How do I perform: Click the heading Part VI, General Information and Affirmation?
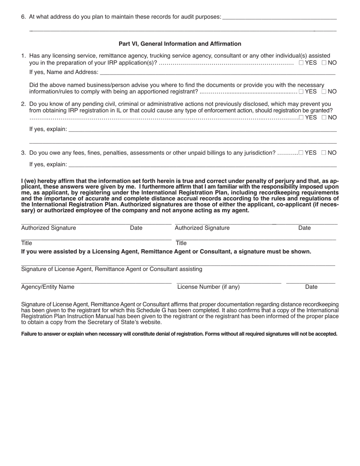click(x=180, y=44)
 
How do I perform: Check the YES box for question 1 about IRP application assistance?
click(x=301, y=63)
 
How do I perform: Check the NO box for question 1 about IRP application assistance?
click(x=324, y=63)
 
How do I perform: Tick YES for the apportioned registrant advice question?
click(x=301, y=91)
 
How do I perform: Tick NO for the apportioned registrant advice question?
click(x=324, y=91)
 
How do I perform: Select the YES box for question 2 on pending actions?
click(x=301, y=117)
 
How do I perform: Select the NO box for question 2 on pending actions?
click(x=324, y=117)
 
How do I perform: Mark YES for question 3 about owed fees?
click(x=301, y=153)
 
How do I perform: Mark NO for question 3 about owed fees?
click(x=324, y=153)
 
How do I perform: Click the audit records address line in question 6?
click(x=280, y=17)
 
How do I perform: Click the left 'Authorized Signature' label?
click(x=49, y=228)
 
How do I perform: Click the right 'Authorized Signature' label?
click(x=202, y=228)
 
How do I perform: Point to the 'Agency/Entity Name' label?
click(x=48, y=287)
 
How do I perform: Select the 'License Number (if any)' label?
click(x=208, y=287)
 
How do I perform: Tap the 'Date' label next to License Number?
click(x=311, y=287)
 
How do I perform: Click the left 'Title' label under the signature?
click(x=27, y=243)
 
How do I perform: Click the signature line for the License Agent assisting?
click(x=178, y=264)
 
